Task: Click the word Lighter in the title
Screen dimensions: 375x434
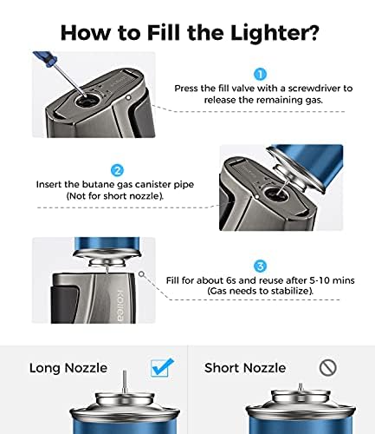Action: coord(269,34)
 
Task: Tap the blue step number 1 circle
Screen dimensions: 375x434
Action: coord(260,75)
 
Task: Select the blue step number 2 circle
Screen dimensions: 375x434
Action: coord(117,171)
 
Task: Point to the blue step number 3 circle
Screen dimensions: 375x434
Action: coord(260,266)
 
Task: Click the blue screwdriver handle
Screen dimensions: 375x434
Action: coord(44,58)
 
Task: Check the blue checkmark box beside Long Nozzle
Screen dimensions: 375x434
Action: coord(162,367)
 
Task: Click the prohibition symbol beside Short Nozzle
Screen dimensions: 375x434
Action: coord(328,368)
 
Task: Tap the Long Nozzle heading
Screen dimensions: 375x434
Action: coord(68,368)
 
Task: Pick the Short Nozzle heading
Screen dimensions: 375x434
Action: coord(245,368)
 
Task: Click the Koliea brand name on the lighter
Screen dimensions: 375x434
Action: coord(120,306)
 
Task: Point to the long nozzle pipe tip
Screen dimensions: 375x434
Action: coord(125,371)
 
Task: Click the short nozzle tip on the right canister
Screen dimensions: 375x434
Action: coord(301,385)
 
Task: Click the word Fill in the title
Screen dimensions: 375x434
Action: coord(165,33)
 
